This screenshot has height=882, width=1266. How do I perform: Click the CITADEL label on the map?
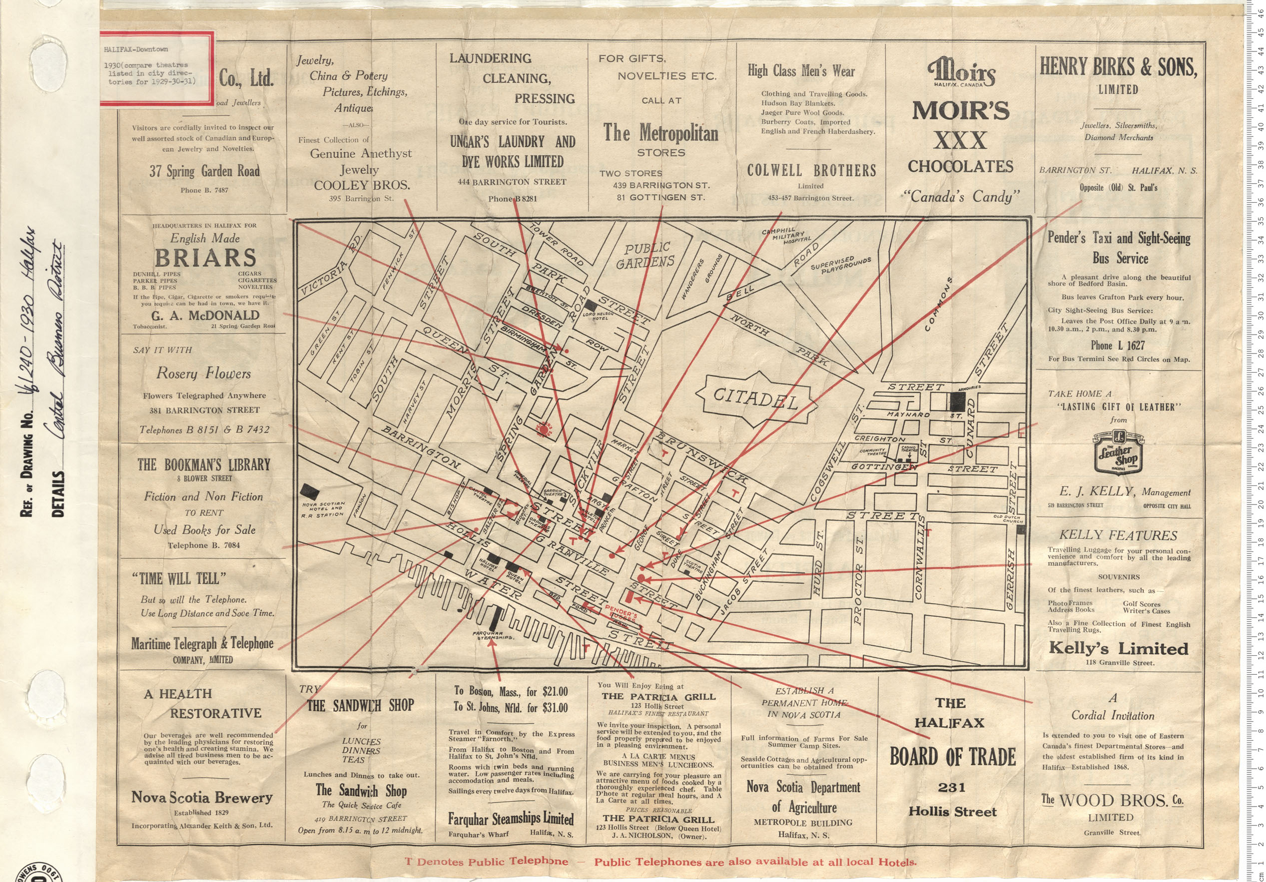[755, 398]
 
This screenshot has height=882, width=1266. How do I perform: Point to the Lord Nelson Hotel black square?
[591, 304]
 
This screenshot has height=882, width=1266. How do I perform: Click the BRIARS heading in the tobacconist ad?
[205, 257]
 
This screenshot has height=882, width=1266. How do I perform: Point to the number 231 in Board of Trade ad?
[952, 788]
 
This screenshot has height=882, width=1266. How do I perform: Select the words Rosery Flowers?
[203, 374]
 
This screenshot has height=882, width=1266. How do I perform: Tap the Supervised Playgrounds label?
[841, 265]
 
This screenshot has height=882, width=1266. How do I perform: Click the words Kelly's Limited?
[1118, 648]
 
